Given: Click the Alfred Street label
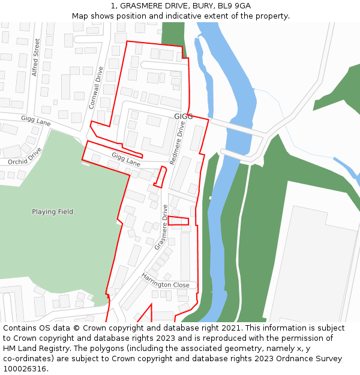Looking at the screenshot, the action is coord(36,57).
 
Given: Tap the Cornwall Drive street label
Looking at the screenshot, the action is coord(96,88).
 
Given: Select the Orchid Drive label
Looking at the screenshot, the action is coord(25,156).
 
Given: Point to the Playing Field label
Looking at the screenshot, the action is coord(52,212).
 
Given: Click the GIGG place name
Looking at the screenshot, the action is coord(184,116).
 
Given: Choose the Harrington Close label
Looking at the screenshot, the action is coord(165,281).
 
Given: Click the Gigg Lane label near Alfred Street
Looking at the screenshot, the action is coord(35,121).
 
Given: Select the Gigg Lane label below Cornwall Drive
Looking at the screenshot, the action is coord(125,159).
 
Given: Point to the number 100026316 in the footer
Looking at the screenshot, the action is coord(25,369).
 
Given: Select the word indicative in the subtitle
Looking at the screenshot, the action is coord(179,16).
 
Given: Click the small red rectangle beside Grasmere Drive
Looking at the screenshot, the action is coord(178,221).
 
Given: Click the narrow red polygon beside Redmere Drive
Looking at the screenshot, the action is coord(160,177).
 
